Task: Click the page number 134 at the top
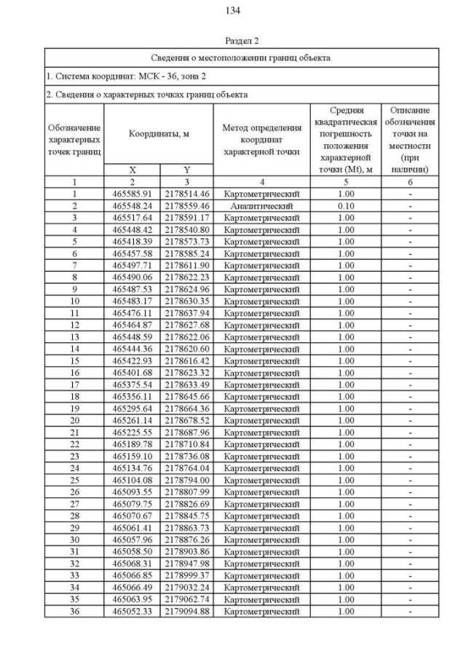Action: coord(233,10)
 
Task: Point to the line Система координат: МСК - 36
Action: coord(117,76)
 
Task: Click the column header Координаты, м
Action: coord(159,134)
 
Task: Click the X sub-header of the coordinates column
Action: coord(132,170)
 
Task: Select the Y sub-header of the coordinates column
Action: coord(186,170)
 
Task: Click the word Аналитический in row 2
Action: coord(261,205)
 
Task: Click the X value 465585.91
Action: coord(132,194)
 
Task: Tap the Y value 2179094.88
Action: coord(186,611)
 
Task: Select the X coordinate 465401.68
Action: coord(132,373)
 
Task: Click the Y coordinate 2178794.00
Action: coord(186,480)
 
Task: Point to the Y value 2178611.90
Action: coord(186,265)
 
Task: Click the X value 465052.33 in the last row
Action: coord(132,611)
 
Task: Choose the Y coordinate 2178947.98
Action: coord(186,564)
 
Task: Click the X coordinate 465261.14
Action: coord(132,420)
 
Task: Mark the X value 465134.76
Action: coord(132,468)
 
